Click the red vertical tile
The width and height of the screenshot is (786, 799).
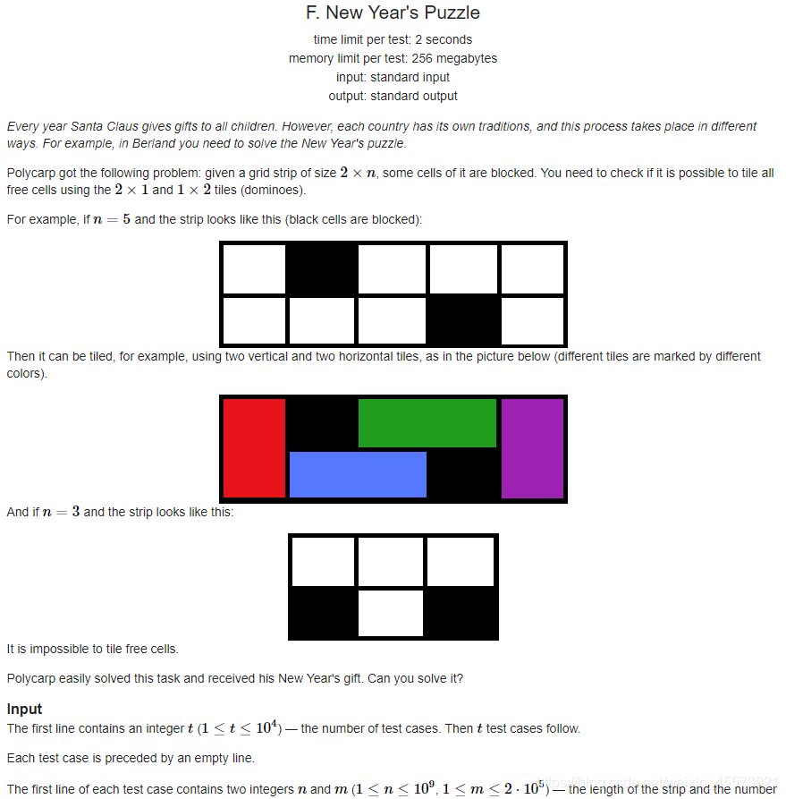254,448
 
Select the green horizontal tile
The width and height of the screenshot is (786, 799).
427,423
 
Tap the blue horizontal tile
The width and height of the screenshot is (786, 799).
358,474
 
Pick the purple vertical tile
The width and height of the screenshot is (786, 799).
532,448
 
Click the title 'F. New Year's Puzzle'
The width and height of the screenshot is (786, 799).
393,13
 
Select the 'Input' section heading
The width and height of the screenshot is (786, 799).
24,709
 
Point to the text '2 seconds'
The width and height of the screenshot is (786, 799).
444,39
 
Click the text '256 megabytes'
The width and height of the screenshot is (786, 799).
454,58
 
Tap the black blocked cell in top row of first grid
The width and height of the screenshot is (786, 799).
321,269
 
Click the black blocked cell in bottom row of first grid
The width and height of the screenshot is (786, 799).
463,321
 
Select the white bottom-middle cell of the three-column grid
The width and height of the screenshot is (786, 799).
391,613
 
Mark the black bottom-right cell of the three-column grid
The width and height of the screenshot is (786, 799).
460,613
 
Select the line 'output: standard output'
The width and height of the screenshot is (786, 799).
393,97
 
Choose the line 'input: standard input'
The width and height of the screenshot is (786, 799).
393,78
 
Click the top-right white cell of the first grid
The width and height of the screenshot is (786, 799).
532,269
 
